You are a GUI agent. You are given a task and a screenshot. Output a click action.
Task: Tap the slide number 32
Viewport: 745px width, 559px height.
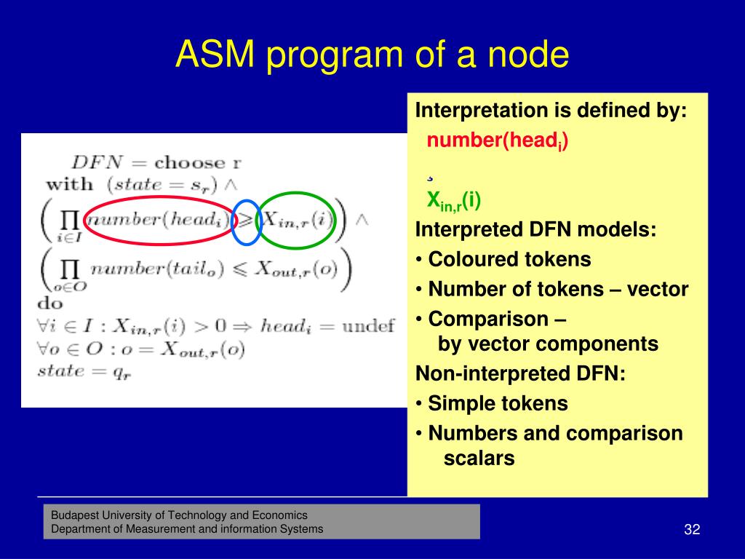pyautogui.click(x=691, y=529)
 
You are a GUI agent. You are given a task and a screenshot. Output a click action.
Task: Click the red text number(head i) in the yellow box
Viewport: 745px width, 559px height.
pyautogui.click(x=498, y=141)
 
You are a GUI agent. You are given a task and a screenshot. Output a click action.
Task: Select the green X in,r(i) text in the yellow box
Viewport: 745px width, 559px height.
pyautogui.click(x=454, y=200)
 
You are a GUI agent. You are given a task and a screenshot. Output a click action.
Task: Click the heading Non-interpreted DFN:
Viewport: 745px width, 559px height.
pyautogui.click(x=519, y=373)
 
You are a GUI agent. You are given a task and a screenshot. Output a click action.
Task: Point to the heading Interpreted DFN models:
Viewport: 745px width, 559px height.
pyautogui.click(x=535, y=230)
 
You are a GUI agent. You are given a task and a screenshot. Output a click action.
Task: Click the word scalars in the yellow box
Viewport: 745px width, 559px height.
pyautogui.click(x=479, y=459)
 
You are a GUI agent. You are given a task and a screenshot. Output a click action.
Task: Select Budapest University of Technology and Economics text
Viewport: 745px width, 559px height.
pyautogui.click(x=179, y=515)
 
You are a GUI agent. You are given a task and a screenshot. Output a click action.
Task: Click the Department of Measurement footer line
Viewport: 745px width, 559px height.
pyautogui.click(x=187, y=529)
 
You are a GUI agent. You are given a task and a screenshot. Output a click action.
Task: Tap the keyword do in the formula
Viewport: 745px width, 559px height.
pyautogui.click(x=50, y=303)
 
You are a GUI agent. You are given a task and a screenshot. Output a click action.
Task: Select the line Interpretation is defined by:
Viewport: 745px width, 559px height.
pyautogui.click(x=551, y=111)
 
